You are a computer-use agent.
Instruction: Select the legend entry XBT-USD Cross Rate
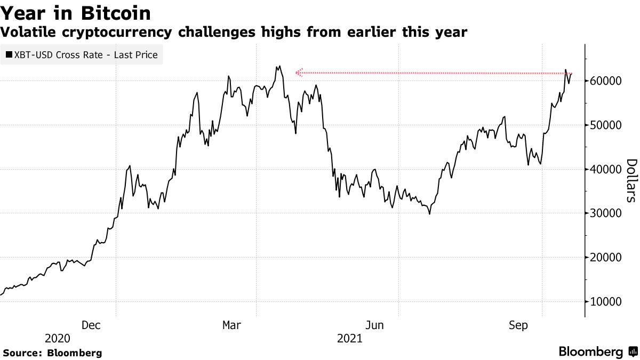click(86, 54)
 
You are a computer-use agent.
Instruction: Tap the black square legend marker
click(9, 54)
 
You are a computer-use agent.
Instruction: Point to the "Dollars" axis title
click(631, 180)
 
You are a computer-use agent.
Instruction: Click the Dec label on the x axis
click(91, 325)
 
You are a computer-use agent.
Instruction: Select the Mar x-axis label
click(232, 325)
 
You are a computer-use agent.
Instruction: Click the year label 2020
click(58, 339)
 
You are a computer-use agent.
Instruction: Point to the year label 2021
click(350, 339)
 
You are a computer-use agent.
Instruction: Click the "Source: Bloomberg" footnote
click(52, 353)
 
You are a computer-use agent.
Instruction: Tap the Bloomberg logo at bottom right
click(597, 352)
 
